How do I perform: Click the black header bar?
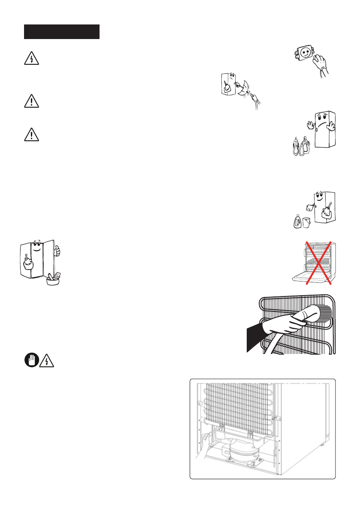(x=62, y=32)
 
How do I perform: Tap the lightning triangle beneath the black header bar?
(x=31, y=59)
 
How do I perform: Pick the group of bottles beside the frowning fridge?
(x=299, y=146)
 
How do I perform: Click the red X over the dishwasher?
(x=318, y=263)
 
